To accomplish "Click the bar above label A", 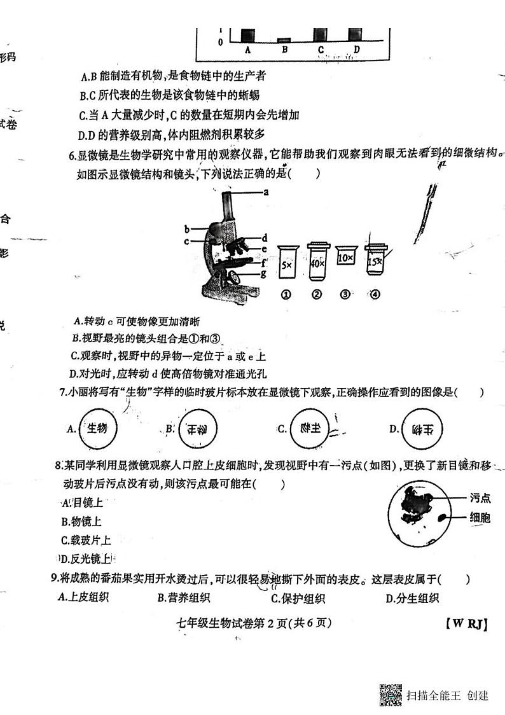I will (x=247, y=34).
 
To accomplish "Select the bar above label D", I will (x=356, y=34).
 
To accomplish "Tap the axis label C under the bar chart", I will (x=321, y=50).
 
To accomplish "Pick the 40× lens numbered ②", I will (x=317, y=261).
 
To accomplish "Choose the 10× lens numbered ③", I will (x=346, y=257).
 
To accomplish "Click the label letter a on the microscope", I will (x=266, y=191).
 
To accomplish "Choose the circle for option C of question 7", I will (x=308, y=429).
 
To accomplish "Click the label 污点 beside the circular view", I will (x=480, y=498).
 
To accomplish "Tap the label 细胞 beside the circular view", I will (x=480, y=518).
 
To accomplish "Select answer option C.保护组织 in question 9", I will (x=298, y=598).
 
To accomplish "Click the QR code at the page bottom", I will (x=391, y=694).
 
